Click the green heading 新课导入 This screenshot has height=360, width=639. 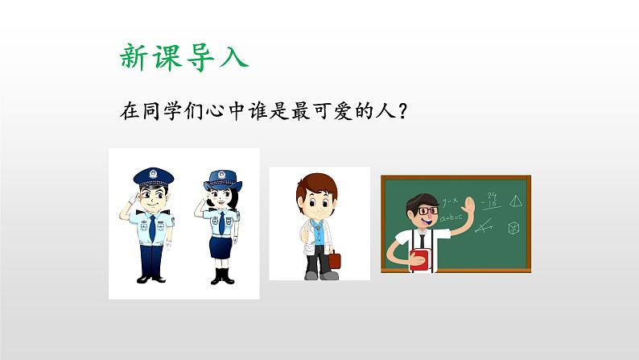click(x=183, y=56)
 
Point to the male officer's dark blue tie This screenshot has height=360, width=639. click(x=151, y=229)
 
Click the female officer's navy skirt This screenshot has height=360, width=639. click(x=221, y=249)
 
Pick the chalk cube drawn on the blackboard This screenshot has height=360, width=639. click(x=513, y=229)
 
